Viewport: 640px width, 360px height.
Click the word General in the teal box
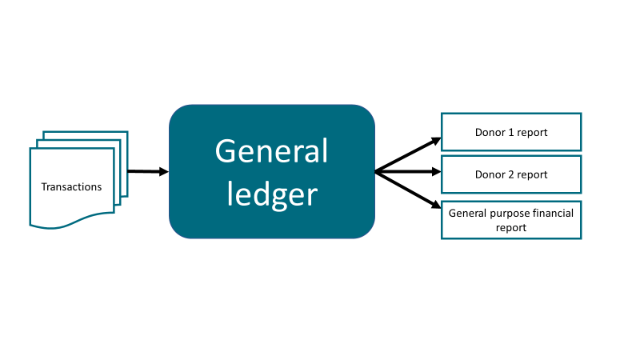[x=271, y=151]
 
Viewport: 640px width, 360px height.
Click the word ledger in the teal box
[x=272, y=195]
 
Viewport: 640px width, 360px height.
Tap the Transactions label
[x=71, y=187]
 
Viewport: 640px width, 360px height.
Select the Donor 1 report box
[x=511, y=132]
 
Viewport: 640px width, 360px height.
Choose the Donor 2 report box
[x=511, y=174]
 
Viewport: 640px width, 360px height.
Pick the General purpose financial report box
[x=511, y=220]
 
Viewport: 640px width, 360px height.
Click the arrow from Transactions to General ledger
[x=148, y=171]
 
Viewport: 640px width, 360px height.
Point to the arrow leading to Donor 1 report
[x=408, y=154]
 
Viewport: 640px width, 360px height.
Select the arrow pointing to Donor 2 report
[x=408, y=172]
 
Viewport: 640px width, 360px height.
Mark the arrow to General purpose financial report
[x=408, y=190]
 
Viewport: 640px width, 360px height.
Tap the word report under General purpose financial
[x=511, y=228]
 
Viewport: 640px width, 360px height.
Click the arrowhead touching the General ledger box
[x=164, y=171]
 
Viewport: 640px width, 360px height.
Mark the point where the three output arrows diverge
[x=375, y=172]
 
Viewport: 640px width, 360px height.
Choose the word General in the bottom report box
[x=467, y=213]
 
